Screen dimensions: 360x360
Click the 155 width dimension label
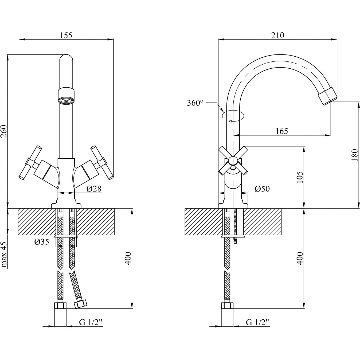coord(66,36)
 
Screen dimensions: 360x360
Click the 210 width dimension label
coord(277,36)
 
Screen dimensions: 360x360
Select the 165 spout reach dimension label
coord(282,131)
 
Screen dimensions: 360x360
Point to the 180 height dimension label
coord(354,155)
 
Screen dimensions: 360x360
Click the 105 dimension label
coord(300,177)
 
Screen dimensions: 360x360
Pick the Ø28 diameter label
coord(94,189)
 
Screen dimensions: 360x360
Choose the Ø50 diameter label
coord(262,189)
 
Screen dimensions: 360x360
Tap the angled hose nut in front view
coord(81,304)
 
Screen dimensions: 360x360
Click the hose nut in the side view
coord(227,306)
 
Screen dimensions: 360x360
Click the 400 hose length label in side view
coord(300,258)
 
